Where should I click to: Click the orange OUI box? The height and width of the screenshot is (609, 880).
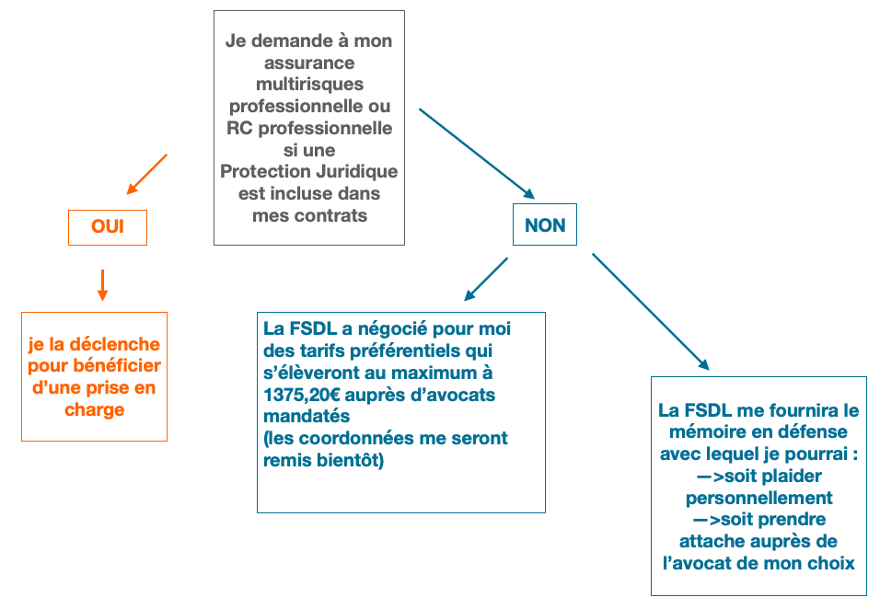(108, 226)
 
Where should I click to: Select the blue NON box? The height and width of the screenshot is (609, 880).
(545, 225)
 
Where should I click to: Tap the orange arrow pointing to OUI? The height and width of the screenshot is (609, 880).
(147, 175)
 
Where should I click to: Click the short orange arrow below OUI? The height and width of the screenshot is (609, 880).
(102, 285)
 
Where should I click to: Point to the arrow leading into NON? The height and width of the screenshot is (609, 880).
(476, 154)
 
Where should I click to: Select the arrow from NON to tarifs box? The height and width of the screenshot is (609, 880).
(486, 279)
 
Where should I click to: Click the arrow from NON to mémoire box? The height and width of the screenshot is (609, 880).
(650, 312)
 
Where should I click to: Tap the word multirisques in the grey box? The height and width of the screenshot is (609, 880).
(309, 85)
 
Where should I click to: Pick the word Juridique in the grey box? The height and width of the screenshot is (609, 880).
(353, 172)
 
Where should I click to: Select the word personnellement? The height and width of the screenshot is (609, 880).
(759, 498)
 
